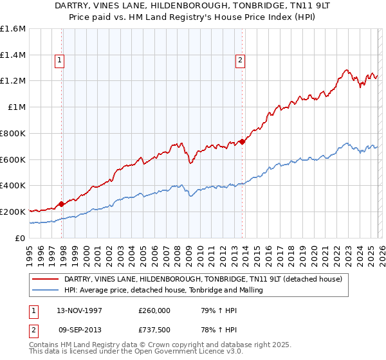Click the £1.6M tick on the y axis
13,29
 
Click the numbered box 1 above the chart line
59,61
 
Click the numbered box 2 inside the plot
240,61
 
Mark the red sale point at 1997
62,204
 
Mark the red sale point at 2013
241,141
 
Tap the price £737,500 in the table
155,329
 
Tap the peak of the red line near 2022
346,70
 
